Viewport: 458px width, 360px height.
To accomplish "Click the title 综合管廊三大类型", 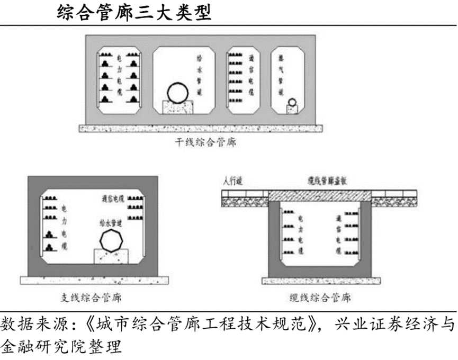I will pos(134,12).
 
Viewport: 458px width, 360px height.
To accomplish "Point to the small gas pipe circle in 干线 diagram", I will pos(292,102).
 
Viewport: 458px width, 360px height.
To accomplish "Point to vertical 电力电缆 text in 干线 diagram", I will pos(120,77).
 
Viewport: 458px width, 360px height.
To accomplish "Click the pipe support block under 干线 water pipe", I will pos(178,107).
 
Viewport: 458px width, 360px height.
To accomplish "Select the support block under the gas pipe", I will pos(292,110).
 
